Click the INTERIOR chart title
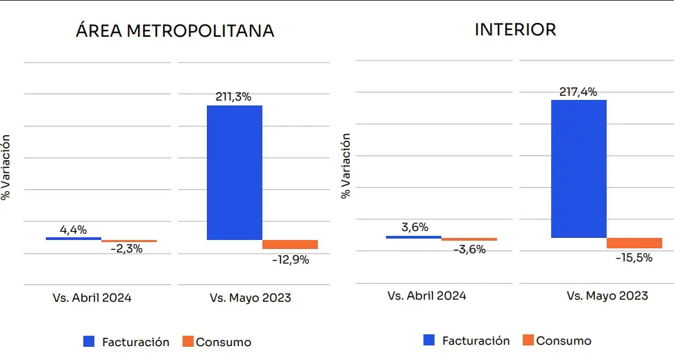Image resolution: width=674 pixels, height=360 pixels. coord(515,30)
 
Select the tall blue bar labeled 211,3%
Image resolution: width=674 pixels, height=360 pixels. coord(235,172)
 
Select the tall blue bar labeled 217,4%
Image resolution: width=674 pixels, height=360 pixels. coord(578,169)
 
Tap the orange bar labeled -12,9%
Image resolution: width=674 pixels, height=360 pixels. coord(290,244)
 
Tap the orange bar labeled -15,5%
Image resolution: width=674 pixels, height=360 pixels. coord(634,243)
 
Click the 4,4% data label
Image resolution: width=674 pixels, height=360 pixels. coord(73,230)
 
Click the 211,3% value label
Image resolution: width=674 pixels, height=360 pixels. coord(233,97)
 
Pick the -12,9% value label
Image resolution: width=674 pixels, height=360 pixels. coord(290,260)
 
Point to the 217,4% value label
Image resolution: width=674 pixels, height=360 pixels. coord(578,92)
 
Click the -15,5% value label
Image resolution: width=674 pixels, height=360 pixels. coord(634,257)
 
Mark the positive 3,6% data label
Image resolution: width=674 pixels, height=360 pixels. coord(414,227)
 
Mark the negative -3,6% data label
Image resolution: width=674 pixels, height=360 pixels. coord(469,249)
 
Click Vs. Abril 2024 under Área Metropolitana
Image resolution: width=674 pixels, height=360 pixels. coord(92,298)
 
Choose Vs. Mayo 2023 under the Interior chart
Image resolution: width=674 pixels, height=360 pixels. coord(607,295)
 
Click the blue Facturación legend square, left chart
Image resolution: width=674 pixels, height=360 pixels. coord(88,341)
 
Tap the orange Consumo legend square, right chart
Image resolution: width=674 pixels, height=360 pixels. coord(528,340)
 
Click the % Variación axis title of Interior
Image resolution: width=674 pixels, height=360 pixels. coord(346,165)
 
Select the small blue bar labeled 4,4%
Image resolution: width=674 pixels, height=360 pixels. coord(73,239)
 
